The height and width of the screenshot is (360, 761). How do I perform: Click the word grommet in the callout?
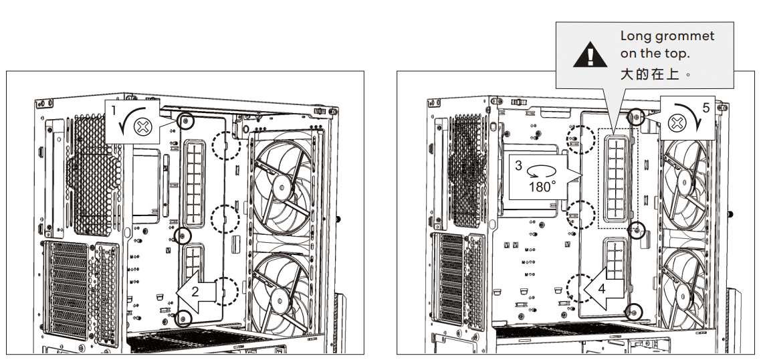pyautogui.click(x=689, y=36)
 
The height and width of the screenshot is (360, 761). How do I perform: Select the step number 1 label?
pyautogui.click(x=114, y=108)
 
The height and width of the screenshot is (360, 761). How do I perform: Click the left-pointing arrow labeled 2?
pyautogui.click(x=198, y=292)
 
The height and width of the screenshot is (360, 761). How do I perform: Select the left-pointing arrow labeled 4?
pyautogui.click(x=605, y=289)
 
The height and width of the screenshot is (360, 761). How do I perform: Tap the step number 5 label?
pyautogui.click(x=705, y=106)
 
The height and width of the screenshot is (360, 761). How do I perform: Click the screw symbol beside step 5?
pyautogui.click(x=677, y=122)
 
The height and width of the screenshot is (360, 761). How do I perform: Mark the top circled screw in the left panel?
pyautogui.click(x=188, y=121)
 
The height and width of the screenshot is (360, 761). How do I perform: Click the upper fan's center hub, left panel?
pyautogui.click(x=283, y=188)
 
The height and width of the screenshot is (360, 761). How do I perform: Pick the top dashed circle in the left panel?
pyautogui.click(x=226, y=144)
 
